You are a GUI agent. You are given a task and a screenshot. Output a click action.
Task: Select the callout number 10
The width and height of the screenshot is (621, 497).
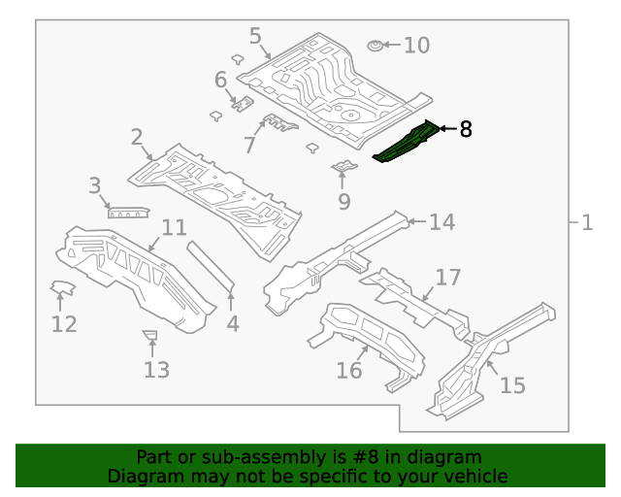pos(415,45)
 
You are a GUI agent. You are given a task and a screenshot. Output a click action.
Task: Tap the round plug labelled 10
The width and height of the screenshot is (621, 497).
pos(376,45)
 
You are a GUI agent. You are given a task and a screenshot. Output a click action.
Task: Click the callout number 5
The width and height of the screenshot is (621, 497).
pos(255,37)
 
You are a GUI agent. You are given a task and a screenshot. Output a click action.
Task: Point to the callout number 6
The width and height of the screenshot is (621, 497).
pos(220,80)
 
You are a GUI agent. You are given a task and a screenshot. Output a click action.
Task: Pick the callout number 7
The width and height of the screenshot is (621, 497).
pos(249,146)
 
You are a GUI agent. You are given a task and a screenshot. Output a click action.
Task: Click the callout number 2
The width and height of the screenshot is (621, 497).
pos(137,137)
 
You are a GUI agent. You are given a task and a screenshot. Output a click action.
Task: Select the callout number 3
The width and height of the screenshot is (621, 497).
pos(95,185)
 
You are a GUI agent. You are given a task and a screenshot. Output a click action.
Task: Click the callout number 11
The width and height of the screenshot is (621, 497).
pos(174,228)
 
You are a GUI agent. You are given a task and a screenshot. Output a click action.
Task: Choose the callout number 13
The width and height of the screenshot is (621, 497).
pos(156,369)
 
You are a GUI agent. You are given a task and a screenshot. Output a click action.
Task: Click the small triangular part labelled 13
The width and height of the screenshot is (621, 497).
pos(149,336)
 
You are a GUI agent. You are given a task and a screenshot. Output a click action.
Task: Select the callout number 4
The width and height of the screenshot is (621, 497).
pos(233,323)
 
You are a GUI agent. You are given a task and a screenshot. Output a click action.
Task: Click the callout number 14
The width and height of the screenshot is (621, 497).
pos(441,222)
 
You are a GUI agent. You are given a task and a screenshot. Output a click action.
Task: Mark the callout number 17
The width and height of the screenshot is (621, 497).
pos(447,279)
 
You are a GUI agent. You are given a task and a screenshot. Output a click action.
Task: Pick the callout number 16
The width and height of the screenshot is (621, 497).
pos(348,370)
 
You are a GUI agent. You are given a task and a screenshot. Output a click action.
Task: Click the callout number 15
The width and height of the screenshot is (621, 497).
pos(512,385)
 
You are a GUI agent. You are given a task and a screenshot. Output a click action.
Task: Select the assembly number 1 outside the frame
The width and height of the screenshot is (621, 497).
pos(587,222)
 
